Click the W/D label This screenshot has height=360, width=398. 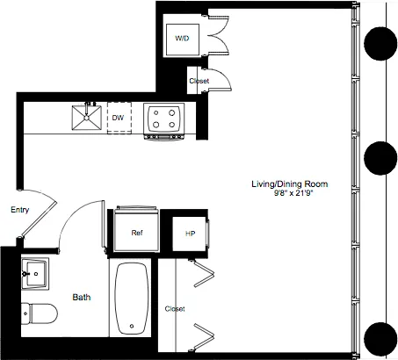(182, 39)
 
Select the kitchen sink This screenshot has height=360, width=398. (87, 117)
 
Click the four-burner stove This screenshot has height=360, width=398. (163, 118)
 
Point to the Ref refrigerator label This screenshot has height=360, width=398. (137, 233)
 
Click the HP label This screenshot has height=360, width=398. (189, 234)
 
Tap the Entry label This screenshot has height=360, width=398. (18, 211)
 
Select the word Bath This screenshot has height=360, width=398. (82, 298)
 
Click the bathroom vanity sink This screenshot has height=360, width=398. (34, 274)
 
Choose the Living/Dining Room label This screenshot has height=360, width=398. (289, 184)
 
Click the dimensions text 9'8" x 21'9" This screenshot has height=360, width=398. (289, 194)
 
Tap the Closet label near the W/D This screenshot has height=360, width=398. (199, 82)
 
